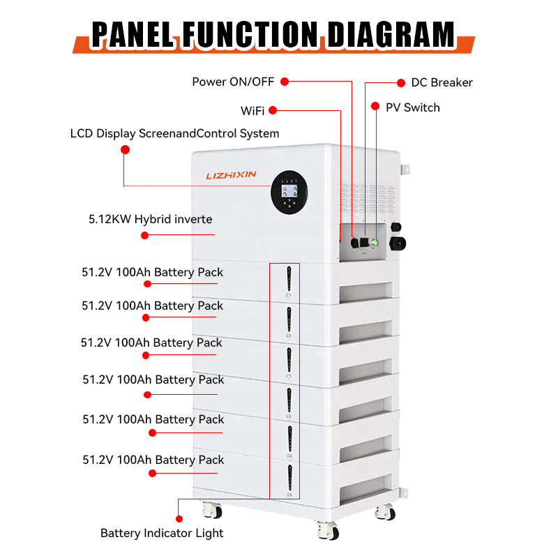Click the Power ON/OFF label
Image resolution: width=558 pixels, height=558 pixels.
[x=233, y=82]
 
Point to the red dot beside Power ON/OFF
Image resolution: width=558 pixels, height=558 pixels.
[x=285, y=82]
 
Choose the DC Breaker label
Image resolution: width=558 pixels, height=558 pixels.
[x=442, y=83]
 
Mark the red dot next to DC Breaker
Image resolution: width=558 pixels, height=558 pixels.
[x=401, y=82]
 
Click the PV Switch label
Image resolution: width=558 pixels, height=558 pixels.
[x=413, y=107]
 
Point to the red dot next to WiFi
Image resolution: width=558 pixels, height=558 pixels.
[x=273, y=110]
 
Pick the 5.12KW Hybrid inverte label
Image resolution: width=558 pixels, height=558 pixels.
[x=150, y=219]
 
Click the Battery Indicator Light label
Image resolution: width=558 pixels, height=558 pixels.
[x=162, y=534]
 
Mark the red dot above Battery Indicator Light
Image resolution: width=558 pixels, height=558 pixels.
[x=179, y=519]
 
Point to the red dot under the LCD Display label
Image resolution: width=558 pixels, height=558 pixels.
[x=125, y=149]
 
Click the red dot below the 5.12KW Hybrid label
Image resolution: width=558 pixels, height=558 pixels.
[x=144, y=235]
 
